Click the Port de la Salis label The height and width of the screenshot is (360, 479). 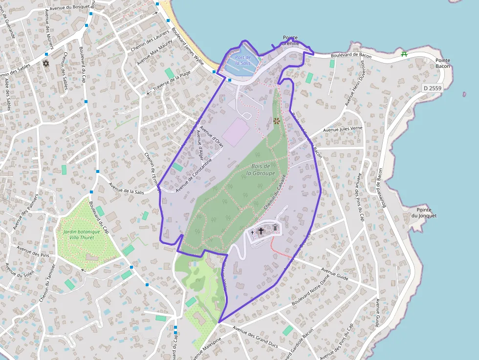[x=243, y=60]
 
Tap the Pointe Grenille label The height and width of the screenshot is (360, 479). [x=290, y=41]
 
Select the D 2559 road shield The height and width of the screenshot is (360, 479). [x=432, y=88]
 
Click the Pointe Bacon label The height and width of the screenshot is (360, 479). [x=443, y=63]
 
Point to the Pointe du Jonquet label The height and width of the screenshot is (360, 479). [x=423, y=212]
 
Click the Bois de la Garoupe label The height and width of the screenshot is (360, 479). [x=260, y=169]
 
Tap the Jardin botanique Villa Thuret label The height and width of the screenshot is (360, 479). [x=81, y=234]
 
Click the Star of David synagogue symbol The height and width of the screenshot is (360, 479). [x=46, y=64]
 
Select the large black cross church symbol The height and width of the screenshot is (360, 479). [x=261, y=230]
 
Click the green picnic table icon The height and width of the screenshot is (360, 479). [x=404, y=54]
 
